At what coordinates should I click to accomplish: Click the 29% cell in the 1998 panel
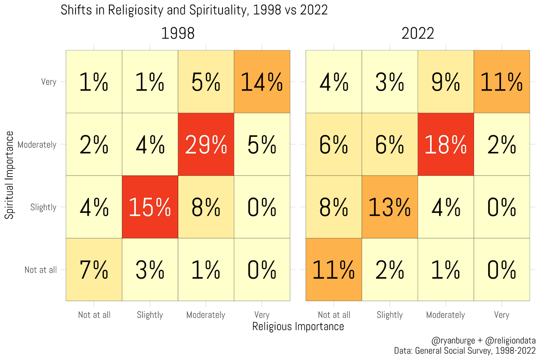click(x=206, y=145)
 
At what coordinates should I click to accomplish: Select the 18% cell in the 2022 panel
click(x=446, y=145)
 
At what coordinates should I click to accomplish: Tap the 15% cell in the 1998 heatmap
click(x=150, y=207)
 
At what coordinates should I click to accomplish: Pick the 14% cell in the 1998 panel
click(x=262, y=82)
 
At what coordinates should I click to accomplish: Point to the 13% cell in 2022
click(x=389, y=207)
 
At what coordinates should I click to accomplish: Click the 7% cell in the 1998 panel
click(x=94, y=269)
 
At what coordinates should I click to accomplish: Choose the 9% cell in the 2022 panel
click(x=446, y=82)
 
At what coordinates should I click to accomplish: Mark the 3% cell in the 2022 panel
click(x=389, y=82)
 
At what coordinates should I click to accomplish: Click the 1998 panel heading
click(x=178, y=33)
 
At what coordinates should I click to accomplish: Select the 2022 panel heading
click(x=417, y=33)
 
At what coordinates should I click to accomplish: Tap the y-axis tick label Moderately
click(x=37, y=145)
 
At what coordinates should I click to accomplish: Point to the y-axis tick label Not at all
click(x=40, y=270)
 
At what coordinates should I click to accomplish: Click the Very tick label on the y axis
click(x=49, y=82)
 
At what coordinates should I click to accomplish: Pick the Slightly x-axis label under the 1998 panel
click(x=150, y=315)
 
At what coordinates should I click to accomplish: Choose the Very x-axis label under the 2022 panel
click(x=502, y=315)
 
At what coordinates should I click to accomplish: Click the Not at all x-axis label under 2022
click(x=334, y=315)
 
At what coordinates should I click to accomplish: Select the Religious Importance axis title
click(x=298, y=327)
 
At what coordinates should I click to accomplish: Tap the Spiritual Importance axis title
click(x=9, y=175)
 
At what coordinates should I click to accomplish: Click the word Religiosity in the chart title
click(x=135, y=10)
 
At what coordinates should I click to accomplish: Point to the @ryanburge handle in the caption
click(x=453, y=340)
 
